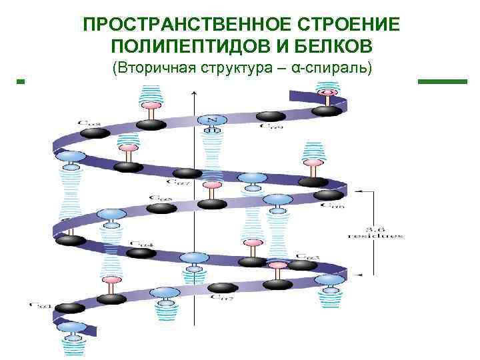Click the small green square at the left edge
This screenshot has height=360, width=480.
tap(20, 81)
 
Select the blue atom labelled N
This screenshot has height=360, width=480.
tap(212, 120)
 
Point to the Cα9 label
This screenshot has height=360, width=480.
tap(271, 125)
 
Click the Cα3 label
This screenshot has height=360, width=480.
tap(309, 256)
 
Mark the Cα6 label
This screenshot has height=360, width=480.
tap(333, 205)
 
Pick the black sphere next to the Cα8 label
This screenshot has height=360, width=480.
tap(95, 132)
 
